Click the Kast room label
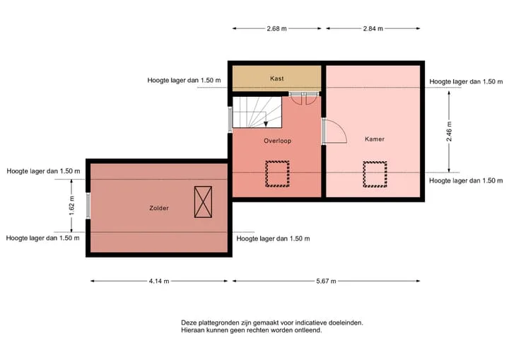[276, 79]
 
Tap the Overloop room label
[277, 141]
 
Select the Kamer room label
[375, 139]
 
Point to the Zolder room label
[159, 208]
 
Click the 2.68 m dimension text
[276, 28]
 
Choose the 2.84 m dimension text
[373, 28]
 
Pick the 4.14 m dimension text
[159, 281]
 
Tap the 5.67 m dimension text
[326, 281]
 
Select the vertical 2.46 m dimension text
[449, 132]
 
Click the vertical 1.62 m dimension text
[71, 205]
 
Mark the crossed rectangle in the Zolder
[203, 202]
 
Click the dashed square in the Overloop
[277, 174]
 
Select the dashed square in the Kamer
[375, 174]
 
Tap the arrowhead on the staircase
[266, 124]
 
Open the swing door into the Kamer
[335, 132]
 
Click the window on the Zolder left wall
[88, 205]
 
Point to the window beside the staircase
[230, 120]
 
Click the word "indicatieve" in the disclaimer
[310, 323]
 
